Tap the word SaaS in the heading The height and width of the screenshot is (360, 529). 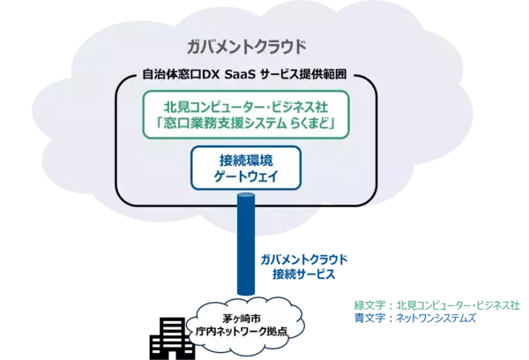point(245,77)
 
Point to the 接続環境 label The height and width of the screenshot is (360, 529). point(246,161)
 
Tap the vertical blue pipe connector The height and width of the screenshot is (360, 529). point(246,256)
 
